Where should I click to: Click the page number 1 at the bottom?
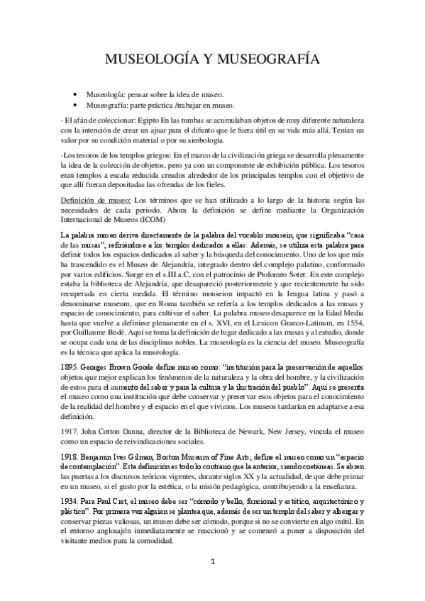pos(211,562)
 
